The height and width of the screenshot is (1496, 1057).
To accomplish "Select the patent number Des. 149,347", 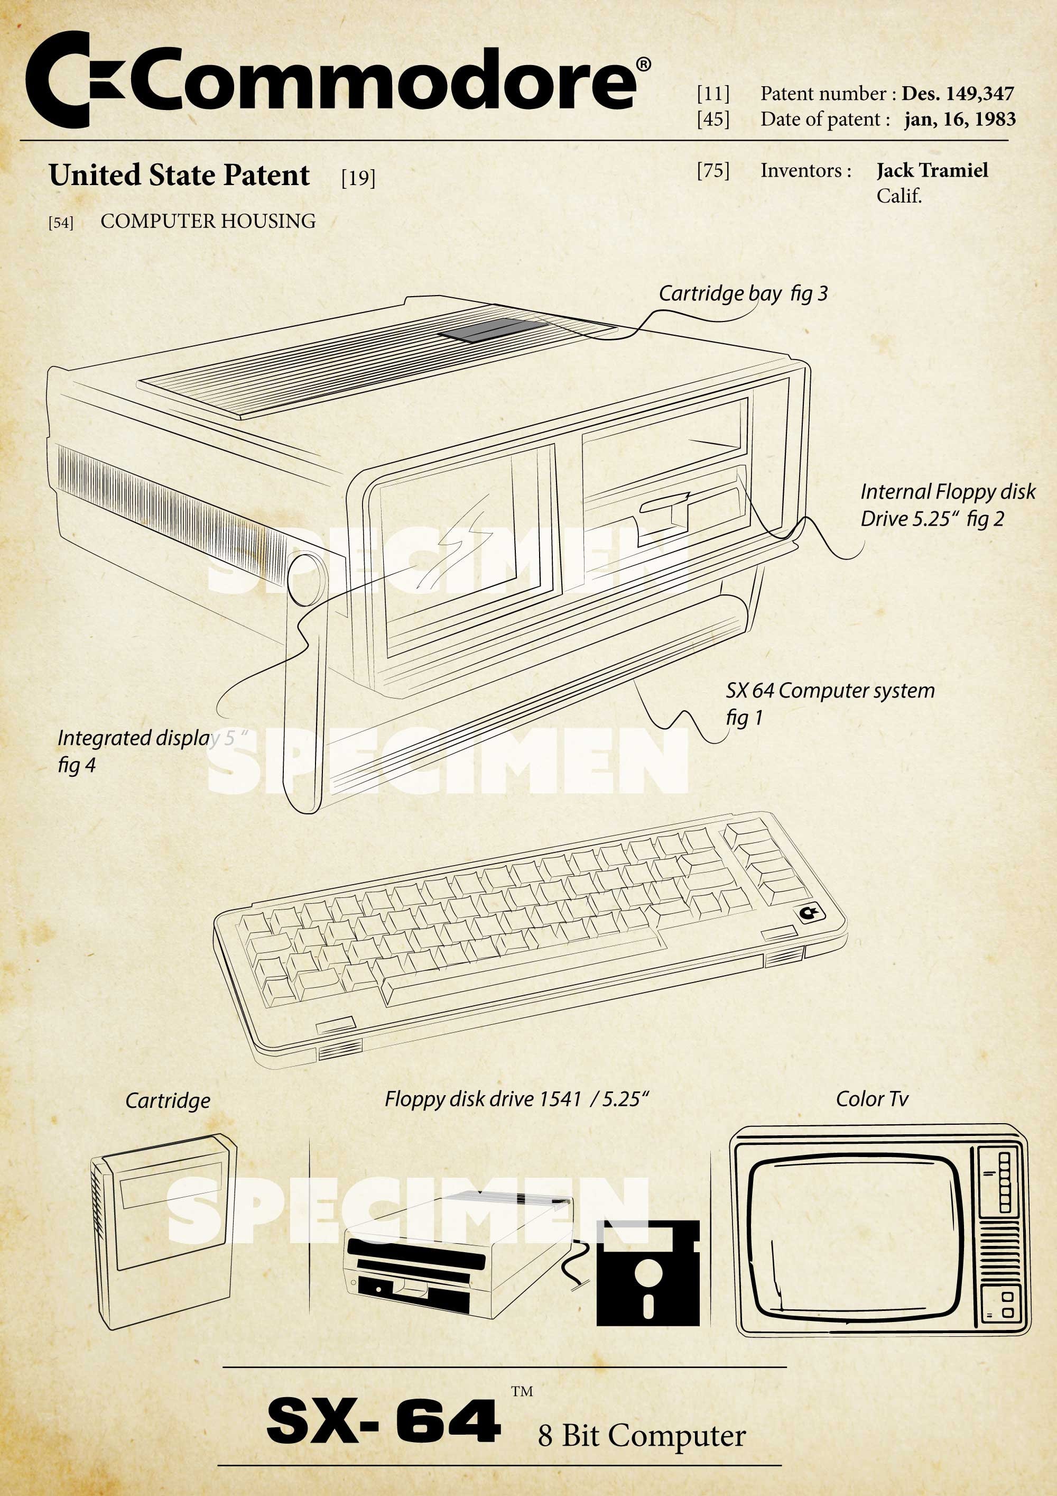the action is pos(957,94).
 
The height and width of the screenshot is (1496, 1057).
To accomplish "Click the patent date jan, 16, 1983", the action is pos(959,119).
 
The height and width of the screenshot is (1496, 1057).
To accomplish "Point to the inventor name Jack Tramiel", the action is pos(932,171).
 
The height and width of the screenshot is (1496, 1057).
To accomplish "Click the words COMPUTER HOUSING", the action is pos(208,222).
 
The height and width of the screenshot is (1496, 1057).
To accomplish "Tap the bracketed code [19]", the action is pos(358,177).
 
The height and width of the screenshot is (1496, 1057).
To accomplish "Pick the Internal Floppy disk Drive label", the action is pos(948,505).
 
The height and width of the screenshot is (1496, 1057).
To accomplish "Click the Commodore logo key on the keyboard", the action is pos(809,913).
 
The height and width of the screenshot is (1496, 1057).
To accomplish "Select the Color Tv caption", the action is pos(871,1100).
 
